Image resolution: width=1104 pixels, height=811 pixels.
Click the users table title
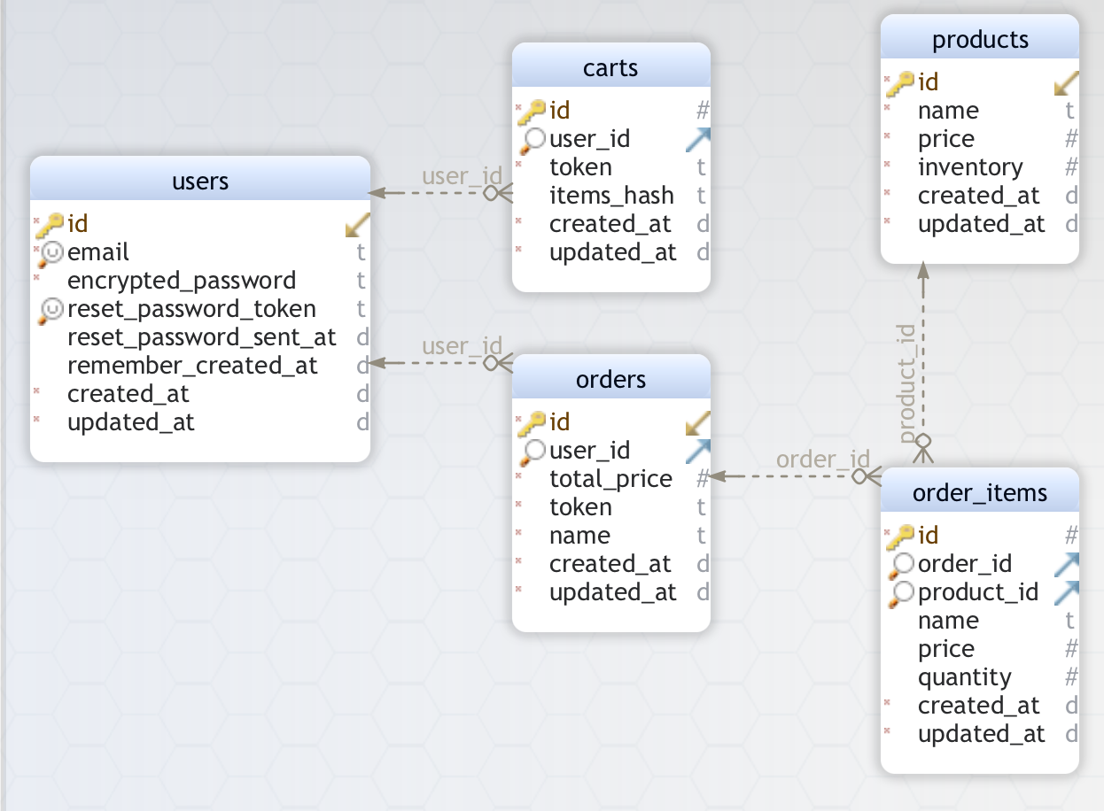click(x=200, y=182)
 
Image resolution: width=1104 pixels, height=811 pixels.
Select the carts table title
click(x=610, y=68)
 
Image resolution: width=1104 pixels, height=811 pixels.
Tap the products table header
click(x=980, y=40)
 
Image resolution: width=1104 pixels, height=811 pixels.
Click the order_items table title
click(x=980, y=493)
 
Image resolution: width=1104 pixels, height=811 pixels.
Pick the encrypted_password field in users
click(x=182, y=281)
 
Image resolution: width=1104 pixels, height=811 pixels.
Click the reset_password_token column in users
click(x=191, y=309)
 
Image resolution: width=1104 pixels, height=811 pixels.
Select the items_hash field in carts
click(x=611, y=196)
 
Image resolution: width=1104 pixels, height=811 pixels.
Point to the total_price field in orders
click(x=610, y=479)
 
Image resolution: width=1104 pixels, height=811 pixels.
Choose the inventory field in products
click(x=970, y=167)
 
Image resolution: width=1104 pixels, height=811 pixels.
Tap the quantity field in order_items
click(x=964, y=677)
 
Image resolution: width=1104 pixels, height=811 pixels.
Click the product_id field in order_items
click(x=978, y=592)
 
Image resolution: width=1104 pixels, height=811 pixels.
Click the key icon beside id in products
click(x=899, y=83)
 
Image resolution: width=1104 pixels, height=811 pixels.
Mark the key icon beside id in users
click(x=50, y=225)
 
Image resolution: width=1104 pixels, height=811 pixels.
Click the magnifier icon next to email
click(x=51, y=254)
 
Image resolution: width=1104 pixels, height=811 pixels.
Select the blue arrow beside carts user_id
click(x=698, y=139)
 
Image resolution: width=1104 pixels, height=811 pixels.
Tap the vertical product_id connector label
click(x=906, y=382)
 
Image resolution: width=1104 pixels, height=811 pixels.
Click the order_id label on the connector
click(x=822, y=460)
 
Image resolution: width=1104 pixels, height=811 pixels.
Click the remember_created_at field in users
click(x=192, y=366)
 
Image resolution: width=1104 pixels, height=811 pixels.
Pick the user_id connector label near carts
click(x=462, y=176)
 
